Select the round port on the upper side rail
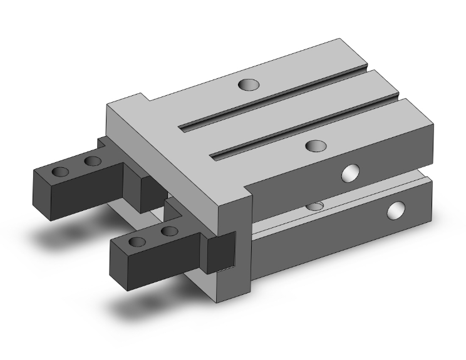tap(350, 173)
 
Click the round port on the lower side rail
tap(396, 210)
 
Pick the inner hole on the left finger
tap(93, 162)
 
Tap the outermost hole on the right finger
tap(137, 242)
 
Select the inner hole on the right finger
tap(168, 232)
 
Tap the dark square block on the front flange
tap(221, 250)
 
